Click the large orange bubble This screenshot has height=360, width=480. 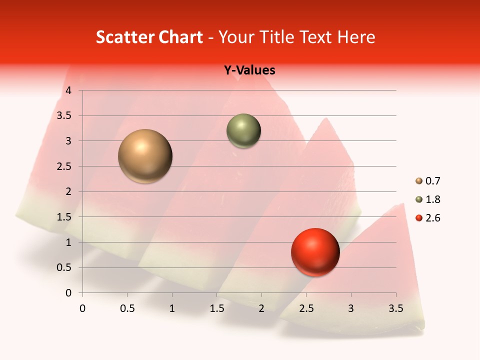[145, 156]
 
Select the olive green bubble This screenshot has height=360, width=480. [243, 131]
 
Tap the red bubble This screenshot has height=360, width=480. [315, 252]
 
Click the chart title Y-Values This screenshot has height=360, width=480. [249, 70]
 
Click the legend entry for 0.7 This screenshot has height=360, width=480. [428, 181]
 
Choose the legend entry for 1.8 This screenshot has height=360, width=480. [428, 199]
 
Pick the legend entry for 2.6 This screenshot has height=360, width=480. [428, 218]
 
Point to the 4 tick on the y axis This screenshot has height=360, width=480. [68, 90]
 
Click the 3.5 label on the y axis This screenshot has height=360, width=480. [64, 115]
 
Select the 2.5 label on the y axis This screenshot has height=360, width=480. [64, 166]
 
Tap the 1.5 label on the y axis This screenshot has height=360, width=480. [64, 217]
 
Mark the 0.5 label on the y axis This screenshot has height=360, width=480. [64, 267]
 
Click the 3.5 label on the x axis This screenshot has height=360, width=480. [395, 308]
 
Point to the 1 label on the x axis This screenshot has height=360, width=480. [172, 308]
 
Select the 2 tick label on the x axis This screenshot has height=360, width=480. [261, 308]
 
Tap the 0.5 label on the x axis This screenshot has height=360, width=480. [127, 308]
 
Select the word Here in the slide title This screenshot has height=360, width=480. [356, 37]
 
